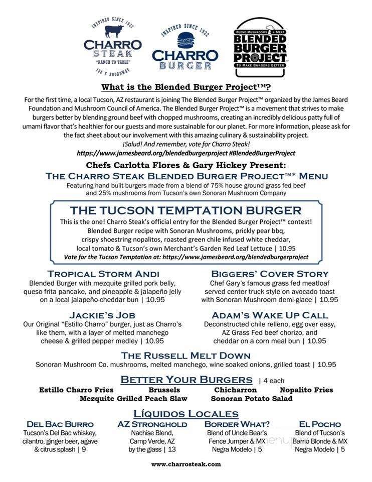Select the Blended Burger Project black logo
pos(260,47)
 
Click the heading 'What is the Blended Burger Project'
pos(186,87)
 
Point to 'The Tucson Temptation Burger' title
pos(185,210)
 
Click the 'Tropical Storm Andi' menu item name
pos(103,274)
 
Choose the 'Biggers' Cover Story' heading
pos(270,274)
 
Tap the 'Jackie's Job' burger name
pos(103,315)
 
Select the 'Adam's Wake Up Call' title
pos(270,315)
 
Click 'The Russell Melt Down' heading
pos(186,355)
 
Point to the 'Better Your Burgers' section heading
pos(187,379)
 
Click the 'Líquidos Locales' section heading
pos(186,414)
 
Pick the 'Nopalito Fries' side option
pos(306,390)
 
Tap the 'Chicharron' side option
pos(235,390)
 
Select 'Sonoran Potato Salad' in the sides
pos(252,399)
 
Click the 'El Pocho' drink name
pos(320,424)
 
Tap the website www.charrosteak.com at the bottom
pos(186,464)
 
